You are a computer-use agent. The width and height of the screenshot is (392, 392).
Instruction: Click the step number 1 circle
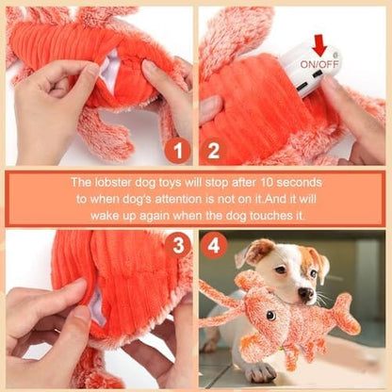178,151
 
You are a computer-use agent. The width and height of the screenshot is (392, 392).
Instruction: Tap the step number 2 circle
214,151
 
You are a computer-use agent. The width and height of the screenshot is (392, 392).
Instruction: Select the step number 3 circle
178,245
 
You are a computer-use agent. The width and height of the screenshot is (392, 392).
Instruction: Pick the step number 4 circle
214,245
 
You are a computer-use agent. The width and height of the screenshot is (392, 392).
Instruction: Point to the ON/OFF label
319,64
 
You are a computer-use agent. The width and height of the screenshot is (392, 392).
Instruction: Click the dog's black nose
305,294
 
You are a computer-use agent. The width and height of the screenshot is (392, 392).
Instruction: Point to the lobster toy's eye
270,316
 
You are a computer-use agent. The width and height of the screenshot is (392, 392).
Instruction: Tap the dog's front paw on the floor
260,372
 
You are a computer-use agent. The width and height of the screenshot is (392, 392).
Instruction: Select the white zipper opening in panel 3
95,303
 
